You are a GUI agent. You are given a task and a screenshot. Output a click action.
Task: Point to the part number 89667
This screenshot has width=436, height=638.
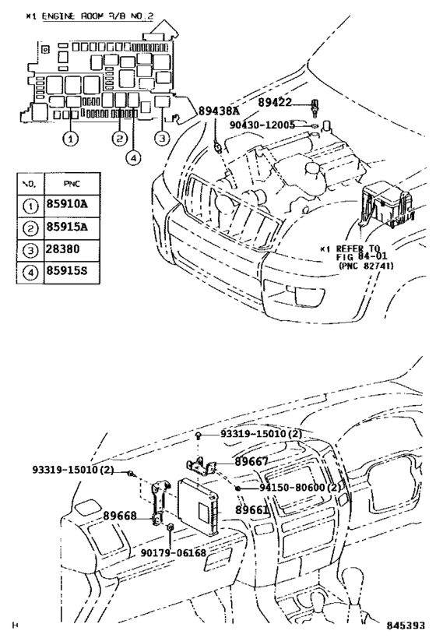[x=252, y=462]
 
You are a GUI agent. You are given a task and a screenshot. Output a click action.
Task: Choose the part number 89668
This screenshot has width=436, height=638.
[x=119, y=516]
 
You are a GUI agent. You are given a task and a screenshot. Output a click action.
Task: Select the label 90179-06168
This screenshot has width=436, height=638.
[x=173, y=552]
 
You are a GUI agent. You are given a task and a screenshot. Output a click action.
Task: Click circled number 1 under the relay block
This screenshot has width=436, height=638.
[x=70, y=139]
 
